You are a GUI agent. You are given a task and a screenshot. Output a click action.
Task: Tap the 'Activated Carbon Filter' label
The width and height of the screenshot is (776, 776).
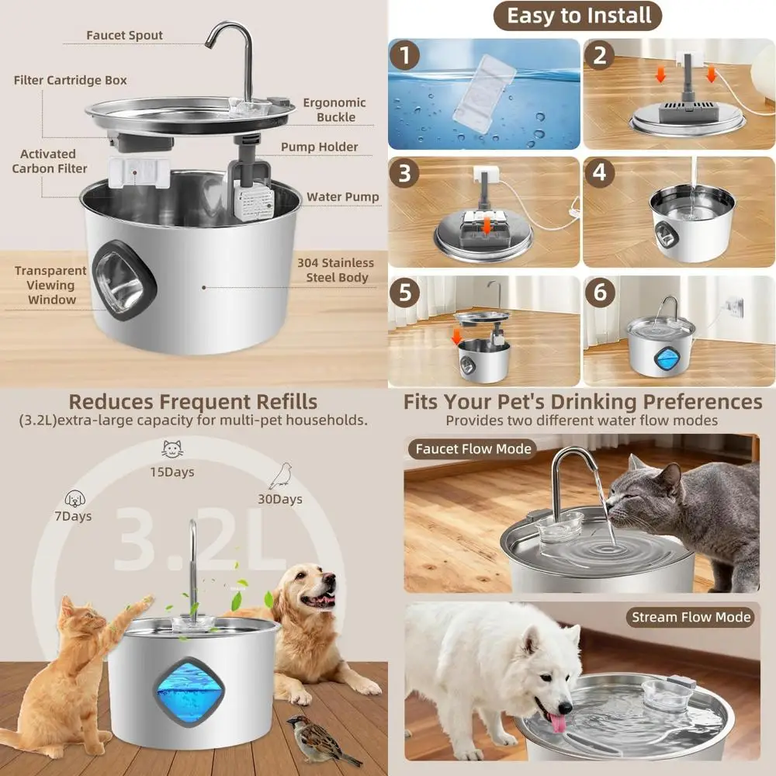click(49, 161)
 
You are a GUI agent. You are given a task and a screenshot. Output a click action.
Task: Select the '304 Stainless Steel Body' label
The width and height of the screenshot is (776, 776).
click(335, 270)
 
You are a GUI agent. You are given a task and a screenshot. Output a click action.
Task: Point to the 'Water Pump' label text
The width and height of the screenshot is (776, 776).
click(342, 197)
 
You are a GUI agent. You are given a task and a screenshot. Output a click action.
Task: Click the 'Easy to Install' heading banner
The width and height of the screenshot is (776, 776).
click(579, 16)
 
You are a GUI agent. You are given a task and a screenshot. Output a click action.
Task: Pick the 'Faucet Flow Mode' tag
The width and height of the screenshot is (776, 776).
click(473, 449)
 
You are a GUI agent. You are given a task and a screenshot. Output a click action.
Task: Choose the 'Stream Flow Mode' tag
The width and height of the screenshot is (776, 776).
click(691, 617)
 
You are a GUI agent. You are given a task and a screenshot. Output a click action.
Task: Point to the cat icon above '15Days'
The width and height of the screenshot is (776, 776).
click(172, 449)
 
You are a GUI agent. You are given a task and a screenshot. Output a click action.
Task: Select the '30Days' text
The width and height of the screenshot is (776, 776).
click(280, 499)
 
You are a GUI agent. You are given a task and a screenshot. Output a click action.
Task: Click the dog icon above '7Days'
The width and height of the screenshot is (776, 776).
click(74, 497)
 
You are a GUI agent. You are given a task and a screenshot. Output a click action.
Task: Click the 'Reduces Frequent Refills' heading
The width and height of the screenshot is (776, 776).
click(192, 401)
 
